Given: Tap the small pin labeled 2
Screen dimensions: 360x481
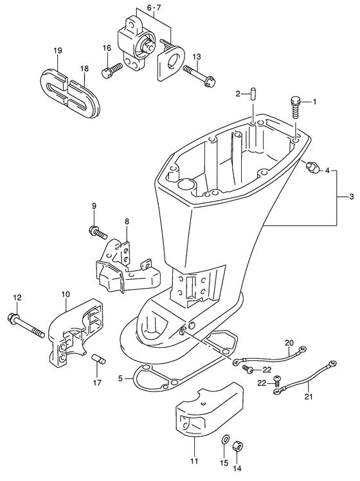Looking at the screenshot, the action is [x=253, y=93].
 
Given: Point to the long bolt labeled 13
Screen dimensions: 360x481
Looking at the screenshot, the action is [x=200, y=74].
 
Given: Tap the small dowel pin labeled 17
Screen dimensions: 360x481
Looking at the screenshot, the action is [x=98, y=359].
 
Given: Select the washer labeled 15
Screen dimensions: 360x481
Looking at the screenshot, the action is [x=224, y=440].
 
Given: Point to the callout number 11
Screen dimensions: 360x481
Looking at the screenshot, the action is [x=194, y=461].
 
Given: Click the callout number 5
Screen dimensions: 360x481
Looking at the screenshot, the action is [x=120, y=379].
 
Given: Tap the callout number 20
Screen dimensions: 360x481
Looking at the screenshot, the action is [x=289, y=342].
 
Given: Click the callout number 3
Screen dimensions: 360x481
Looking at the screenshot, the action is [x=352, y=197].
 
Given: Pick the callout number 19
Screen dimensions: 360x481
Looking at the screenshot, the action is [x=58, y=50].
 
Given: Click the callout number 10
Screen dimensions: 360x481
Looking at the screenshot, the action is [x=66, y=295].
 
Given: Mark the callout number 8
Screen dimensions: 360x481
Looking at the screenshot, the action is [x=127, y=221].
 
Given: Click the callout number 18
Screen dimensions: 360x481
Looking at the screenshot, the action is [x=84, y=68].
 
